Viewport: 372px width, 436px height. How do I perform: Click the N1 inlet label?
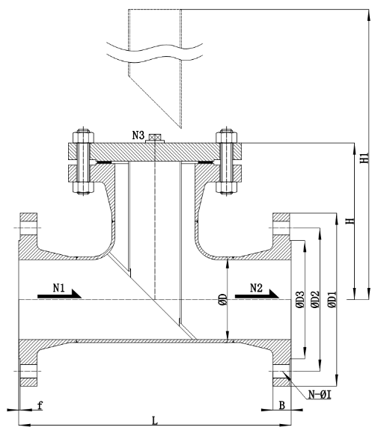click(58, 288)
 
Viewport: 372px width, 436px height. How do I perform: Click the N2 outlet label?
click(256, 288)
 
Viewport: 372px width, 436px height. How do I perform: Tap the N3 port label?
click(138, 135)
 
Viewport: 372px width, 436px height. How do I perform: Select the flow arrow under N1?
click(59, 294)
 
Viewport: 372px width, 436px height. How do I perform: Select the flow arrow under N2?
click(257, 294)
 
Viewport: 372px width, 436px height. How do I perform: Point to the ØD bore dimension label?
click(223, 299)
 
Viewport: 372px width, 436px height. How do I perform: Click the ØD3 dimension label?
click(300, 299)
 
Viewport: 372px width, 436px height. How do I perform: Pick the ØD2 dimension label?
click(315, 299)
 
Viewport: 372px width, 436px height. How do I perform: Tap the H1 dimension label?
click(365, 158)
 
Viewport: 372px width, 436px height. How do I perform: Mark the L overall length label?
click(155, 420)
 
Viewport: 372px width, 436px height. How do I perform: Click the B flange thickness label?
click(282, 405)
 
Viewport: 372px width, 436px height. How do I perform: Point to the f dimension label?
click(40, 405)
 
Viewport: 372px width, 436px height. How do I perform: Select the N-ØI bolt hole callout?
click(320, 394)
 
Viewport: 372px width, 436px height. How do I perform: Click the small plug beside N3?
click(155, 138)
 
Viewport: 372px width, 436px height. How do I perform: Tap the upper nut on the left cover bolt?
click(83, 136)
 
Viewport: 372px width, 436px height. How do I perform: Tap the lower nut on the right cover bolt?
click(227, 188)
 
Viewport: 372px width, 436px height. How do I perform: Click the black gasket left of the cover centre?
click(104, 162)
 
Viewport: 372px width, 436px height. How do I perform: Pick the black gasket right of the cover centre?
click(206, 162)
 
